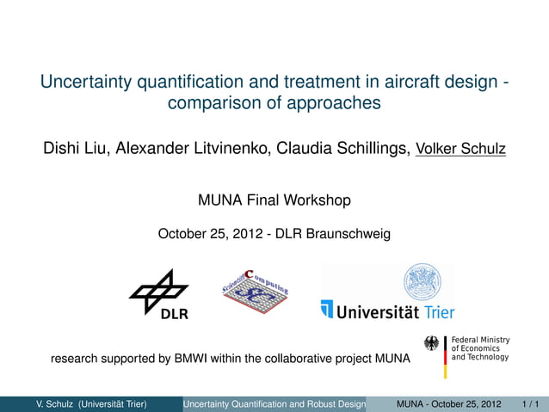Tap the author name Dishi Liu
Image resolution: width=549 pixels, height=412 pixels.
pos(73,149)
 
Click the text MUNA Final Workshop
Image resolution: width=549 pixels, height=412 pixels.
pos(274,201)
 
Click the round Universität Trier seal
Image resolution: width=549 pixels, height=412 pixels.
pos(423,282)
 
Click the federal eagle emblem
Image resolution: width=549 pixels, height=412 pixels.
pos(432,343)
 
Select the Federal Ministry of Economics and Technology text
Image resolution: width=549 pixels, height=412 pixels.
pos(480,347)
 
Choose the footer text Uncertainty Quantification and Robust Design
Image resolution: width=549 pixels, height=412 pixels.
pos(274,403)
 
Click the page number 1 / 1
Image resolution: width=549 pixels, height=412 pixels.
pos(530,403)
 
